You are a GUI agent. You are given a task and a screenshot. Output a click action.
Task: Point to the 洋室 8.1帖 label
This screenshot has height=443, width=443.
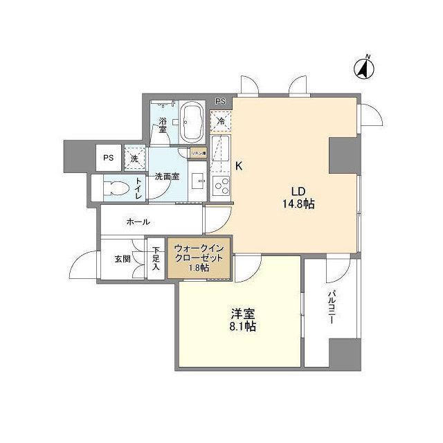[x=243, y=319]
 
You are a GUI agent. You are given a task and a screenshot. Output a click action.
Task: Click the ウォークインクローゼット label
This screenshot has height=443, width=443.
[x=199, y=257]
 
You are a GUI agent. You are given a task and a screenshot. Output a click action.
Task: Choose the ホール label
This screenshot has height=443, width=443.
[x=138, y=222]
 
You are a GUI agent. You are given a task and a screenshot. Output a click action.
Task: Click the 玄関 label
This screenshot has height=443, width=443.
[x=123, y=260]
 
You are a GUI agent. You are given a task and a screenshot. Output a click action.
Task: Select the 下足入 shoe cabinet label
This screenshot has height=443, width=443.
[x=156, y=257]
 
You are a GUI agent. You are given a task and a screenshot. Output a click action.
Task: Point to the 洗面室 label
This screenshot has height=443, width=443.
[x=167, y=177]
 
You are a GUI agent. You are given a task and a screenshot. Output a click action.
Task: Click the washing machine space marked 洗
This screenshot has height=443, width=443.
[x=134, y=159]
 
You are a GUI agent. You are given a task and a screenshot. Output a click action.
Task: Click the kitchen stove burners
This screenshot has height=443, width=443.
[x=221, y=185]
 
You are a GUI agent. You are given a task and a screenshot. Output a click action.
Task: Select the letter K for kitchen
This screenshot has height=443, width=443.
[x=239, y=166]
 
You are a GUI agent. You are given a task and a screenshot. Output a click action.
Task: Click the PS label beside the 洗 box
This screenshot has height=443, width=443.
[x=108, y=158]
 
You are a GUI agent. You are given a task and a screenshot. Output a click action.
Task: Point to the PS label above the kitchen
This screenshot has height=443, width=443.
[x=220, y=102]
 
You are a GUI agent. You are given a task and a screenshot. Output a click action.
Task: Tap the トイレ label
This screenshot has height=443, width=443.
[x=138, y=188]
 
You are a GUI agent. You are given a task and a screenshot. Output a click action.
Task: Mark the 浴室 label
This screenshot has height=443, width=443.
[x=162, y=124]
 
